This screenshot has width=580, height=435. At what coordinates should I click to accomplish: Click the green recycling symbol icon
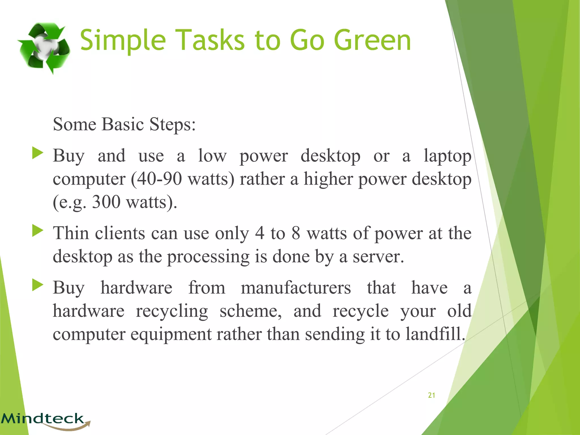coord(44,48)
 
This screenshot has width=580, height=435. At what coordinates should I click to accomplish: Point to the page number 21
coord(431,395)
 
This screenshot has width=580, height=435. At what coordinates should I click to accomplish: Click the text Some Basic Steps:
coord(124,124)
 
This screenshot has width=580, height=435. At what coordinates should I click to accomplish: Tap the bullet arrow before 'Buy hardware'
coord(38,285)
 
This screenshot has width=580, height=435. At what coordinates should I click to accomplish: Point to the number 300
coord(106,202)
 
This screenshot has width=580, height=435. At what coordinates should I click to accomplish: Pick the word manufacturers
coord(296,288)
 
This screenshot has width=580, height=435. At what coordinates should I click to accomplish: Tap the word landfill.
coord(435,334)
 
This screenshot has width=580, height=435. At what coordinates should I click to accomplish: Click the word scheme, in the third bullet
coord(250,311)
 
